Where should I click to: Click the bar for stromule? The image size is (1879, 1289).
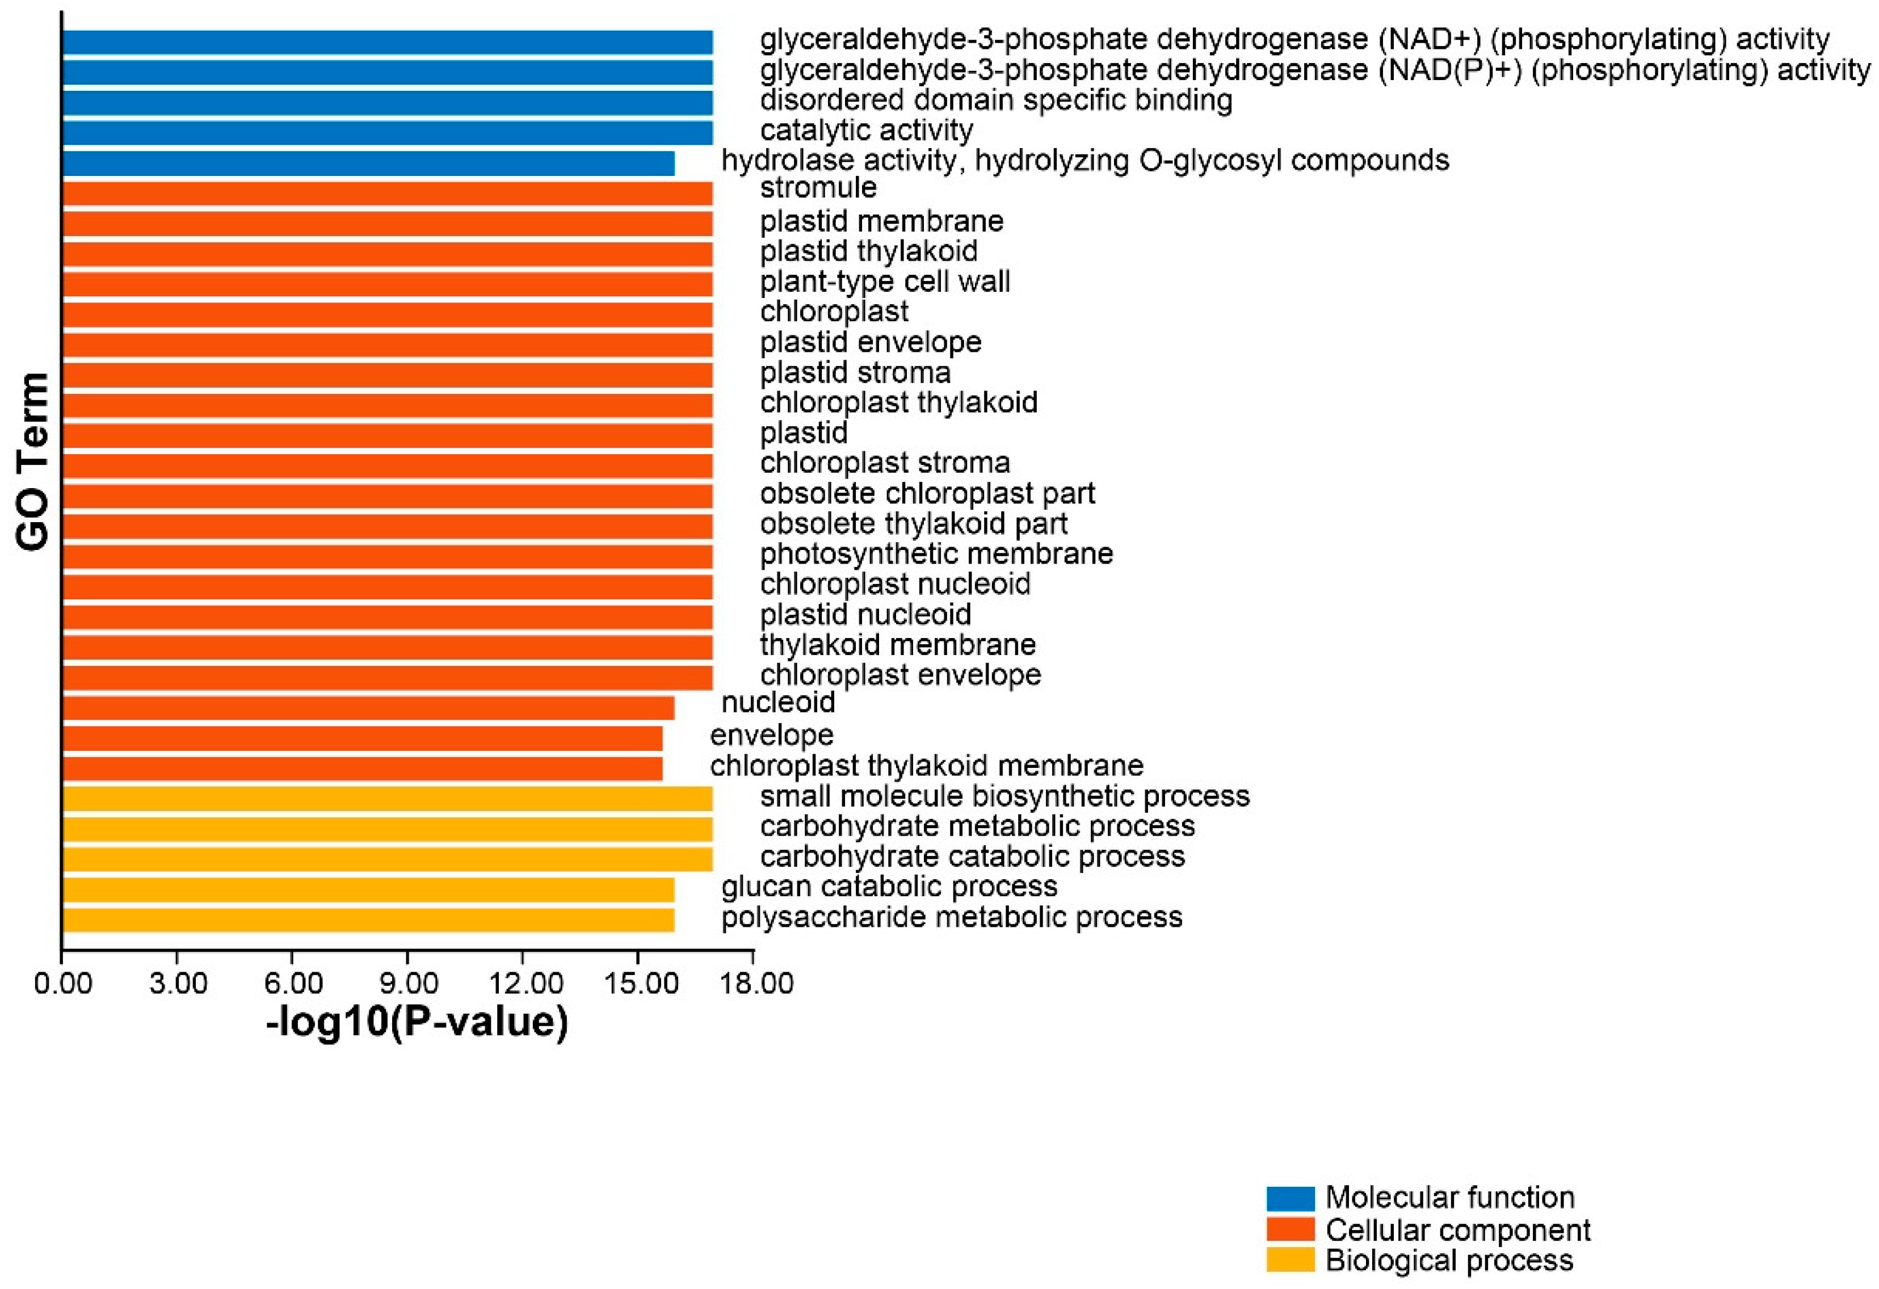pyautogui.click(x=386, y=194)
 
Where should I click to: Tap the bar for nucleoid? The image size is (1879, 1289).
pyautogui.click(x=368, y=708)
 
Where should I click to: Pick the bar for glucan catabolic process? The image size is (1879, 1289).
pyautogui.click(x=368, y=889)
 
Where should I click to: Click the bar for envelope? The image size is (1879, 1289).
pyautogui.click(x=361, y=738)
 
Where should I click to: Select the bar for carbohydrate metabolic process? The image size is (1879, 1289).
pyautogui.click(x=386, y=829)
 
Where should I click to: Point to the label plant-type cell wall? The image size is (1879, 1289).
pyautogui.click(x=885, y=282)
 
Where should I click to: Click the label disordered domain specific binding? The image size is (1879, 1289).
pyautogui.click(x=995, y=100)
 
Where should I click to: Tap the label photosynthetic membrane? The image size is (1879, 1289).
pyautogui.click(x=936, y=554)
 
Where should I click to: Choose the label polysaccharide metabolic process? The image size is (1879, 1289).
pyautogui.click(x=952, y=917)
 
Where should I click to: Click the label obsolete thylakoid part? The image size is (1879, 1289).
pyautogui.click(x=914, y=524)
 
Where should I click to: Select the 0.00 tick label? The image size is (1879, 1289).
pyautogui.click(x=63, y=984)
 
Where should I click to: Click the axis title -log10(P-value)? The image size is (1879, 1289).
pyautogui.click(x=417, y=1023)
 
